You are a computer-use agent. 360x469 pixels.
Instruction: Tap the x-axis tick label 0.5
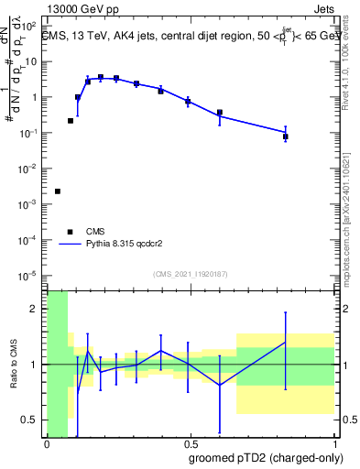pyautogui.click(x=190, y=442)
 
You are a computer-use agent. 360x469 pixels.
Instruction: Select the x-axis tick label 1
pyautogui.click(x=333, y=442)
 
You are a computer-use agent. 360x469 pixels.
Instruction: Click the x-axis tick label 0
pyautogui.click(x=47, y=442)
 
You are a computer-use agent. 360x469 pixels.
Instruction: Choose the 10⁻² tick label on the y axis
pyautogui.click(x=29, y=168)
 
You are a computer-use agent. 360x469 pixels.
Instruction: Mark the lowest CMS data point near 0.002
pyautogui.click(x=58, y=191)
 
